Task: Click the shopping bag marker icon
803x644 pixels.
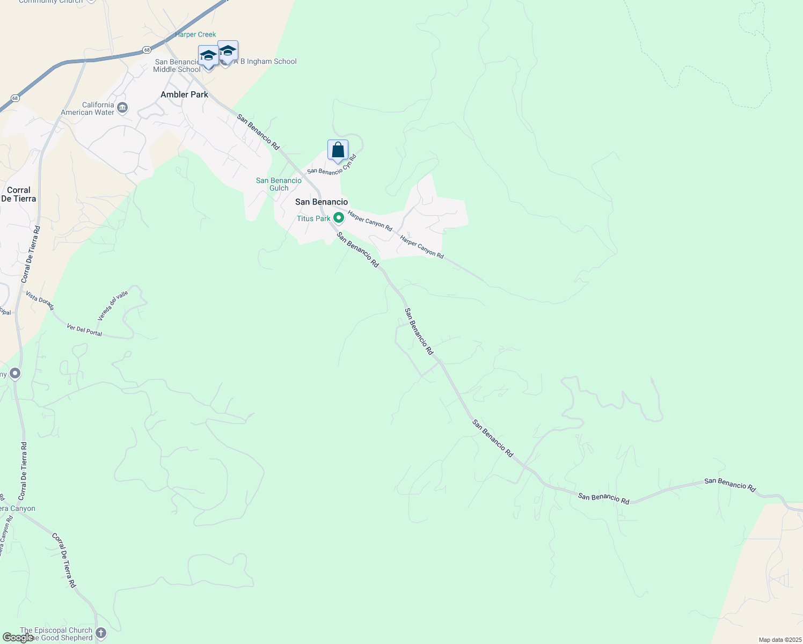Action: (x=338, y=150)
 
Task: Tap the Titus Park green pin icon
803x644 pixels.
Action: (x=339, y=218)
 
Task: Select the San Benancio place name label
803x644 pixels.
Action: (x=322, y=202)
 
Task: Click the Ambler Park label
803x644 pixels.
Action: (x=184, y=94)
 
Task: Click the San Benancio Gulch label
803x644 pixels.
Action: (x=279, y=184)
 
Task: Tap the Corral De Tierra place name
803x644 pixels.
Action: (x=19, y=194)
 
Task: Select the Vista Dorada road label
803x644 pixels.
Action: (x=40, y=301)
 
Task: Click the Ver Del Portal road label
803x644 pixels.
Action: (x=84, y=330)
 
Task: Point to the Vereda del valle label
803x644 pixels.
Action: (x=113, y=305)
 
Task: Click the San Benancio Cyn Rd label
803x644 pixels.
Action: (x=332, y=165)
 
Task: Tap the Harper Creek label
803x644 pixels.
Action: (x=195, y=34)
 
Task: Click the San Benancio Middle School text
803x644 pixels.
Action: (x=177, y=65)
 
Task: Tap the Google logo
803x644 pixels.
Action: (x=18, y=638)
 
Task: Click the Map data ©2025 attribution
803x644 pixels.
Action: (x=779, y=640)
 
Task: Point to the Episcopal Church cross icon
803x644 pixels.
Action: (x=101, y=633)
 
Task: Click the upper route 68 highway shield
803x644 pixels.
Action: (x=147, y=50)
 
